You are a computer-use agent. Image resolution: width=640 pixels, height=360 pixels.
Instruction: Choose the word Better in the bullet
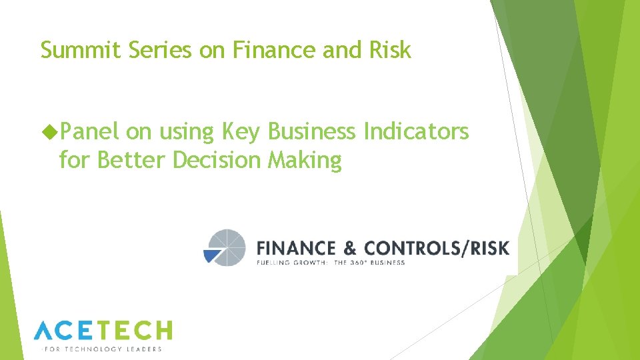pyautogui.click(x=132, y=160)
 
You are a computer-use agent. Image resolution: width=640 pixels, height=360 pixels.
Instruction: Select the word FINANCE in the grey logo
pyautogui.click(x=296, y=249)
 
